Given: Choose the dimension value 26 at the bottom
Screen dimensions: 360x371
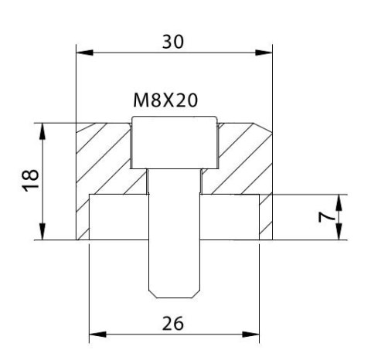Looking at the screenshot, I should (x=174, y=323).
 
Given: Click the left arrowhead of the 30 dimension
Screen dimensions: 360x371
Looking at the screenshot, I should (x=81, y=53).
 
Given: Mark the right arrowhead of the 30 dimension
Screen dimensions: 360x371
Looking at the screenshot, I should (x=266, y=53).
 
